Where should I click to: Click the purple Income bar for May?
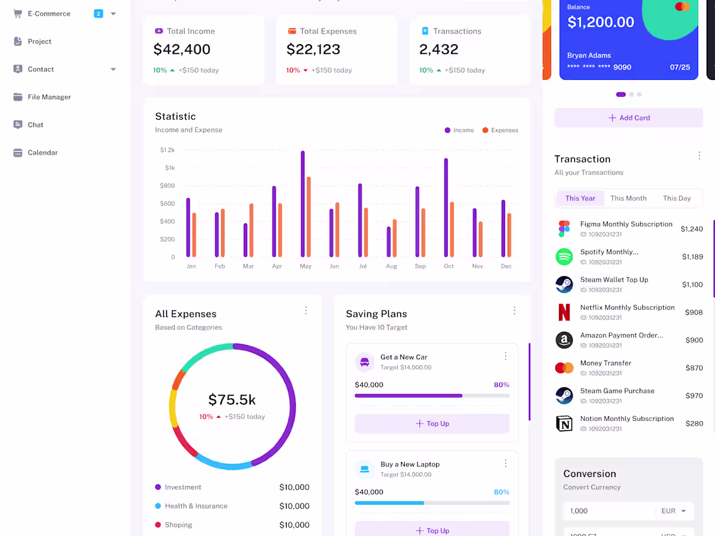pyautogui.click(x=303, y=204)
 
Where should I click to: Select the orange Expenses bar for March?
pyautogui.click(x=252, y=230)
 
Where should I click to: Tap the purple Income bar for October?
pyautogui.click(x=446, y=207)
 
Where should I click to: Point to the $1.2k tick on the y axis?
pyautogui.click(x=167, y=150)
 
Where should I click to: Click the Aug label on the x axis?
pyautogui.click(x=391, y=266)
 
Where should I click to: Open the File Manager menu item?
pyautogui.click(x=49, y=97)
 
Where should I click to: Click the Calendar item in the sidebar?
pyautogui.click(x=42, y=153)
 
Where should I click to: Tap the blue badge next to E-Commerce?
pyautogui.click(x=98, y=14)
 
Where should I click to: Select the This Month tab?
pyautogui.click(x=628, y=198)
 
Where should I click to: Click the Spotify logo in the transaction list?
pyautogui.click(x=564, y=257)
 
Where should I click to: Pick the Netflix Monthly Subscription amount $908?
pyautogui.click(x=694, y=313)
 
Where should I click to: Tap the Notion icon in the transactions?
pyautogui.click(x=564, y=424)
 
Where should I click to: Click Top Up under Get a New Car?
pyautogui.click(x=432, y=424)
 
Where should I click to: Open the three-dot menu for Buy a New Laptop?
pyautogui.click(x=506, y=463)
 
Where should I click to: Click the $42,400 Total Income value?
pyautogui.click(x=182, y=49)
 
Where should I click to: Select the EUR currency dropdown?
pyautogui.click(x=674, y=511)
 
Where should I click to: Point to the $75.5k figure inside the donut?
pyautogui.click(x=232, y=400)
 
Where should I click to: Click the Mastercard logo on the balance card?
pyautogui.click(x=682, y=6)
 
